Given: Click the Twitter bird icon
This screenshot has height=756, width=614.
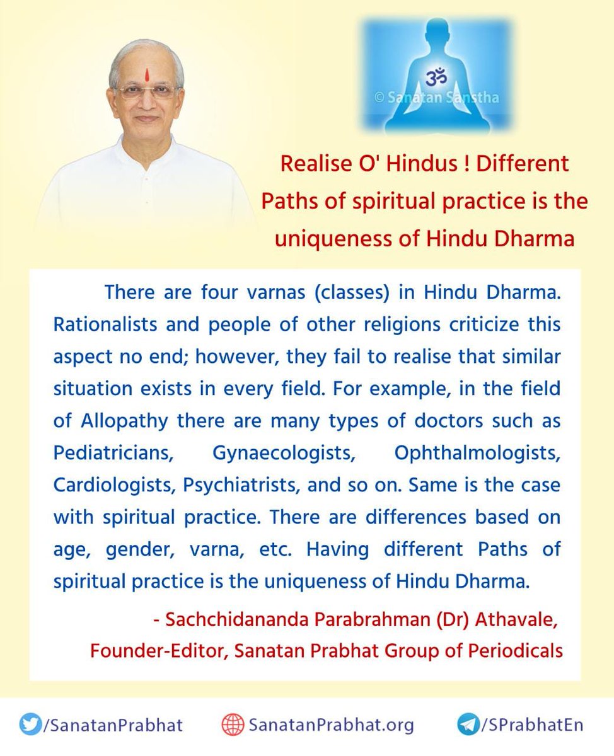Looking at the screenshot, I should pos(30,724).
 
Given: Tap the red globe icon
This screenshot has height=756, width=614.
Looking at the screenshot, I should pos(233,725).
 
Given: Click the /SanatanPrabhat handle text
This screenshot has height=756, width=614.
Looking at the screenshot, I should pos(112,725).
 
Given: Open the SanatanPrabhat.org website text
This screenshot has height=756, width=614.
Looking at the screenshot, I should pos(331,725).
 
